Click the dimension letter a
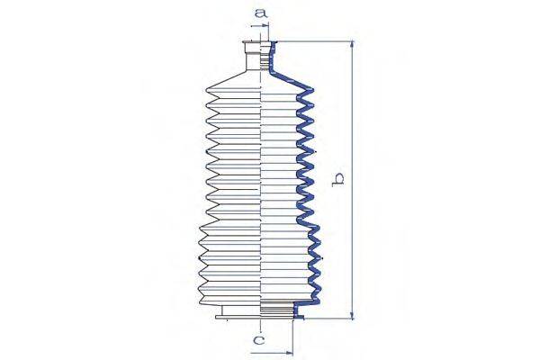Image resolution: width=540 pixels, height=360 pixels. click(260, 13)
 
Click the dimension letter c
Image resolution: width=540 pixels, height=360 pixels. click(258, 340)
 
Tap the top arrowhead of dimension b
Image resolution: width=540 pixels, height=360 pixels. click(351, 46)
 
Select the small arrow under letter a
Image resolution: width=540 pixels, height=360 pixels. click(267, 27)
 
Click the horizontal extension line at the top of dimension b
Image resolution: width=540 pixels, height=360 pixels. click(315, 42)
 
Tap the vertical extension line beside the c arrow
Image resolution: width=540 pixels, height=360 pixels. click(294, 337)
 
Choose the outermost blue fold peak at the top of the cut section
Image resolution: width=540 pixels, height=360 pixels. click(309, 88)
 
